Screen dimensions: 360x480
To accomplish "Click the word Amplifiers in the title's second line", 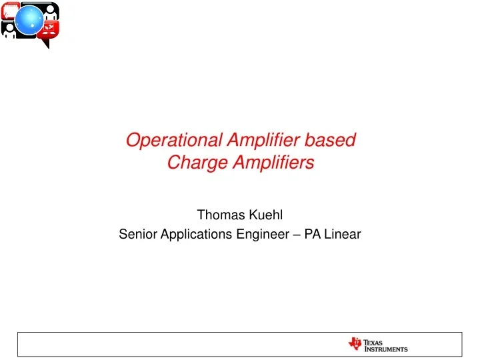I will [274, 163].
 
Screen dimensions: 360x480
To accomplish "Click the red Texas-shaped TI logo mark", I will [355, 344].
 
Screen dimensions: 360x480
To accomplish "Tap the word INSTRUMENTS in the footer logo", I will [386, 349].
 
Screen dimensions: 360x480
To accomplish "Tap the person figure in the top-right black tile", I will [49, 11].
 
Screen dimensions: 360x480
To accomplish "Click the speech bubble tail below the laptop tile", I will [45, 43].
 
